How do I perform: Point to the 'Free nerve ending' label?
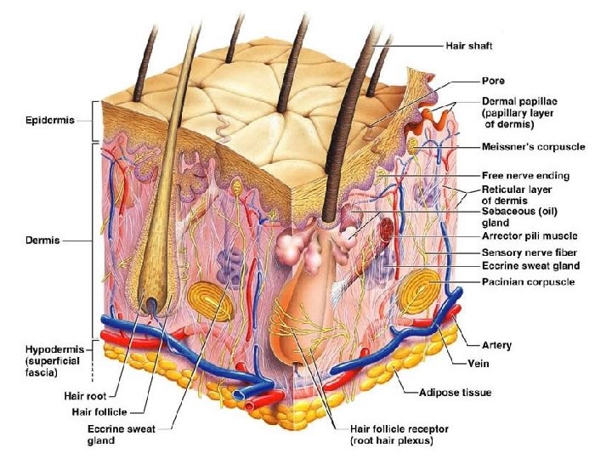(x=525, y=176)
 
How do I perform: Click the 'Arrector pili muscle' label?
(x=530, y=235)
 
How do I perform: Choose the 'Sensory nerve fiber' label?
(x=530, y=252)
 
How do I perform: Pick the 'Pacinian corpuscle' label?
(x=528, y=282)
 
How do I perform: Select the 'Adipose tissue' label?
(x=455, y=393)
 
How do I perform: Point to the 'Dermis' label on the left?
(x=38, y=241)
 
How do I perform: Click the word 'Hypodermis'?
(x=39, y=349)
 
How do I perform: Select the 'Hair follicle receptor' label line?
(x=399, y=428)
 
